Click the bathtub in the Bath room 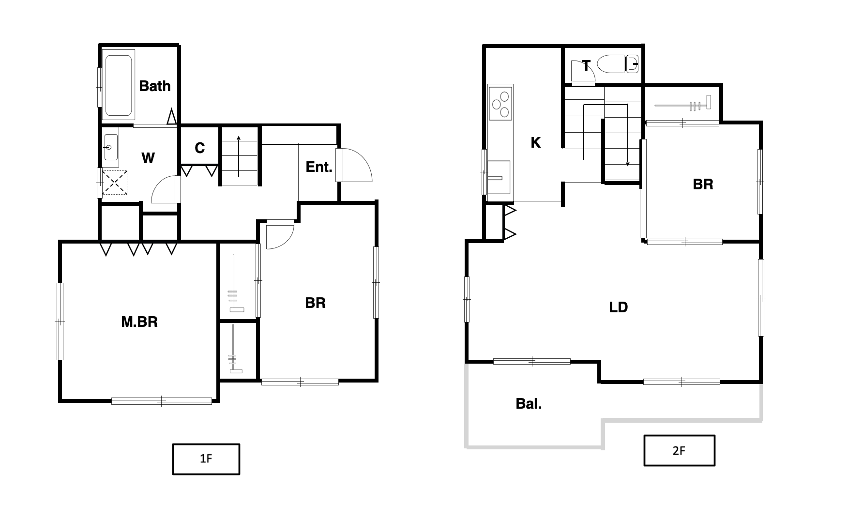click(119, 86)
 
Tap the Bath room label click(155, 86)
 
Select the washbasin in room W click(111, 147)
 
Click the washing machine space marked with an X click(115, 182)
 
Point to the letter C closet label click(200, 148)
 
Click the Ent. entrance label click(319, 167)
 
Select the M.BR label click(139, 322)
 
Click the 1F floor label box click(206, 459)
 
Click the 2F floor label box click(679, 450)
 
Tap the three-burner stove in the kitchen click(500, 103)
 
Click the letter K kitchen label click(535, 143)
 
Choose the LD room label click(619, 307)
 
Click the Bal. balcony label click(529, 404)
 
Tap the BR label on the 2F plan click(703, 184)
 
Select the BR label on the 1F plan click(315, 303)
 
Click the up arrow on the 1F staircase click(239, 156)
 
